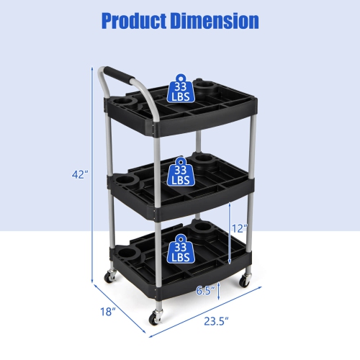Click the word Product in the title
click(x=132, y=20)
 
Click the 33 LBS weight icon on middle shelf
click(x=179, y=172)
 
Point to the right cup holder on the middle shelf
click(x=205, y=160)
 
